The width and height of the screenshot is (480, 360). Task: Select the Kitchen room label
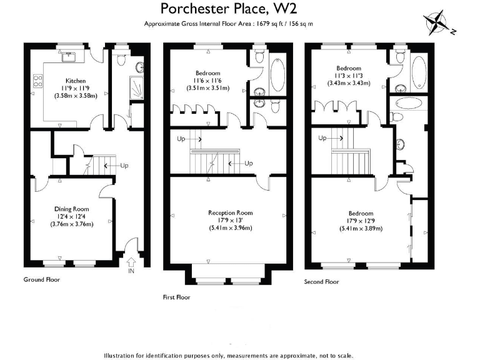76,81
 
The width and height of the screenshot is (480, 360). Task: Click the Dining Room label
72,209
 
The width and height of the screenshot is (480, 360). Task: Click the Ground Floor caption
42,279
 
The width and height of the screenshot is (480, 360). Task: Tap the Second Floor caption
322,282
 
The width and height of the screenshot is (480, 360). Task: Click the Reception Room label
231,212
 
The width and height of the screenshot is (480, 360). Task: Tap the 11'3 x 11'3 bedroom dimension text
349,76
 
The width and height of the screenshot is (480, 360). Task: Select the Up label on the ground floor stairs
124,166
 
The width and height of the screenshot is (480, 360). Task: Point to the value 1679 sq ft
267,24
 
